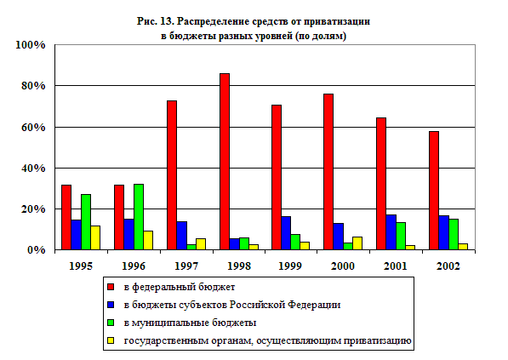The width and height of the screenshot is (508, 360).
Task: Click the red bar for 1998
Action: pos(225,162)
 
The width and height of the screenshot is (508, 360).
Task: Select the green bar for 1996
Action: pos(139,217)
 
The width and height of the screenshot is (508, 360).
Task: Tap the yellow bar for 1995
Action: pos(95,237)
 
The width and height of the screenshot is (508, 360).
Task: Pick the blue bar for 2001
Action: pos(391,232)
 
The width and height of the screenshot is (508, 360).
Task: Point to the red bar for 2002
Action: pos(434,191)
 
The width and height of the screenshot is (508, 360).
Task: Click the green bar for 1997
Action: pos(191,248)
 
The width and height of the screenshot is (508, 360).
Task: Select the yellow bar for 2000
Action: pos(357,243)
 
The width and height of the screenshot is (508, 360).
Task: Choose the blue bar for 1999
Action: pos(286,233)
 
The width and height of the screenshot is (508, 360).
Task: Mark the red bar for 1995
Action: pos(66,217)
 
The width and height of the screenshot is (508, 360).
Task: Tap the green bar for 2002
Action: pos(454,235)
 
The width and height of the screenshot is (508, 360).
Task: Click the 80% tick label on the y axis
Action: pos(33,86)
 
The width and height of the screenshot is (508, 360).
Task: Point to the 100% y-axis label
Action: pos(31,45)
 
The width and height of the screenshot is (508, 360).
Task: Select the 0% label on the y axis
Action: pos(37,250)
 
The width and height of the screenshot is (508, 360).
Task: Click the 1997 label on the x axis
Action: pos(186,266)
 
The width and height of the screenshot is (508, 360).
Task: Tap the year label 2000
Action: pos(343,266)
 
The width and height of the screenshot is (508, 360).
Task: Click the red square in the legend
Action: pos(111,287)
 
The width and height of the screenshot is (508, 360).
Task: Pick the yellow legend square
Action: pos(111,341)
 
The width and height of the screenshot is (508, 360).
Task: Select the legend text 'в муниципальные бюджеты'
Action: pos(190,323)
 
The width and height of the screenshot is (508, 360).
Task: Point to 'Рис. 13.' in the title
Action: pos(156,21)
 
